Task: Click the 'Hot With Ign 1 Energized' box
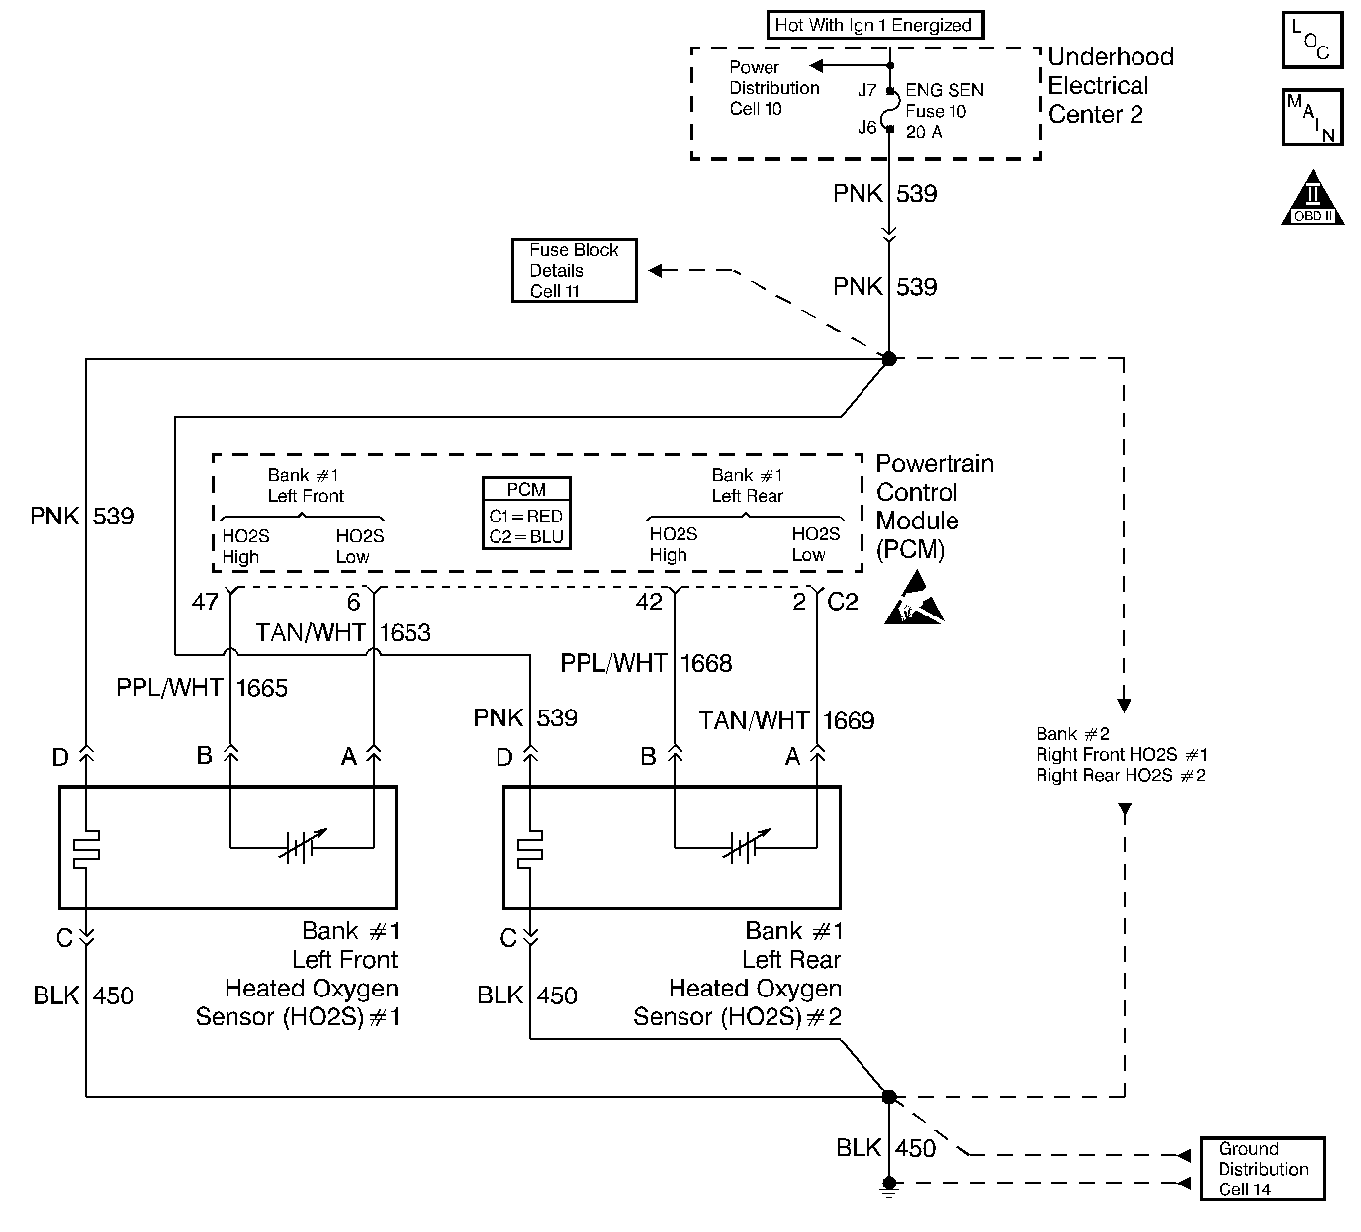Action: point(874,25)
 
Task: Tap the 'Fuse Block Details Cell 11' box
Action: point(574,270)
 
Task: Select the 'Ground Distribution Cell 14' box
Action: point(1262,1169)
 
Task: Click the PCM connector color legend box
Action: point(526,513)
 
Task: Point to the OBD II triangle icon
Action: point(1313,198)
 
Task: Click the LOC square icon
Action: point(1313,40)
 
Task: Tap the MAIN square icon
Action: point(1313,118)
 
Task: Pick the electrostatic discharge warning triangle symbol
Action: point(914,598)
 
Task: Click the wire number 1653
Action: point(406,632)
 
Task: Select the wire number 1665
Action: point(262,688)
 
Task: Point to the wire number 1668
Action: point(706,663)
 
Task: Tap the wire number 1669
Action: point(849,720)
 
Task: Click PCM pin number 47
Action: point(205,602)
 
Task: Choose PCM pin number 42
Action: point(649,602)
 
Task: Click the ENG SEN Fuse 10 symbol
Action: point(889,109)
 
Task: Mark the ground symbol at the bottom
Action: point(889,1187)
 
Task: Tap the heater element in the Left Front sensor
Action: point(86,849)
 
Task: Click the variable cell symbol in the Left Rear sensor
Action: point(747,846)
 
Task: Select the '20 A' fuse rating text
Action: point(924,132)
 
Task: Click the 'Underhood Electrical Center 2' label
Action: point(1111,85)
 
